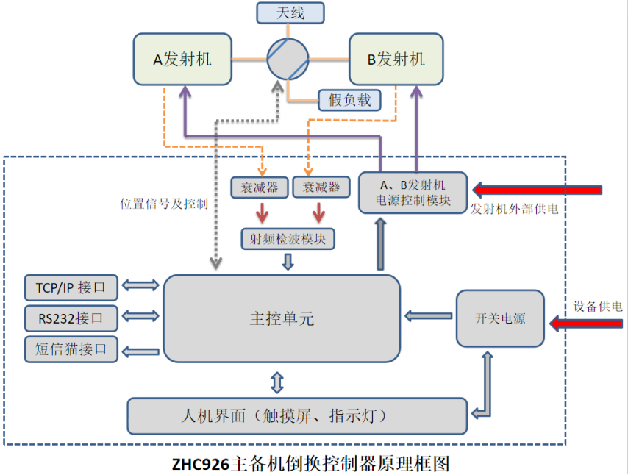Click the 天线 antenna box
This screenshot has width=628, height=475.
[290, 13]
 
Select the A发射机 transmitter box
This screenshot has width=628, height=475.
[182, 59]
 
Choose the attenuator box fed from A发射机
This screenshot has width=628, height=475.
[260, 187]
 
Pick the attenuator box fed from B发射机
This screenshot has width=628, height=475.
[321, 187]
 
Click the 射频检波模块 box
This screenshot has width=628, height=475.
[288, 238]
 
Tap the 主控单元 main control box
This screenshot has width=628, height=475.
[282, 318]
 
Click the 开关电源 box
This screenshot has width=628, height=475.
[500, 318]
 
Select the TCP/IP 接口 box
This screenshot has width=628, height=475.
[71, 286]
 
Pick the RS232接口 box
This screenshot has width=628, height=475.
[71, 318]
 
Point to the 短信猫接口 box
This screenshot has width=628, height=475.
[71, 349]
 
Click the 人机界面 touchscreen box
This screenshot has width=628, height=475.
[297, 415]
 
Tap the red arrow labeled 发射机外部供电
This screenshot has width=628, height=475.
[537, 190]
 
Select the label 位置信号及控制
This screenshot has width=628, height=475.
[163, 204]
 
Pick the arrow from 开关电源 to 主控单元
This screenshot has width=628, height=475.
[429, 316]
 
